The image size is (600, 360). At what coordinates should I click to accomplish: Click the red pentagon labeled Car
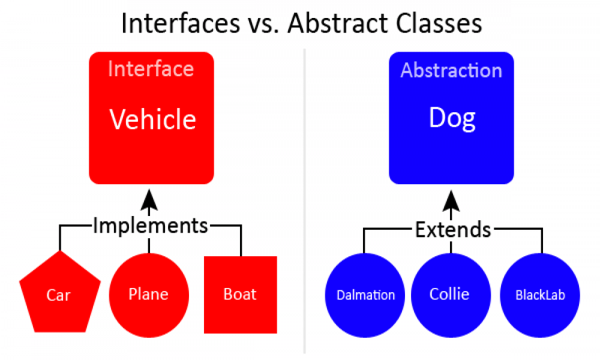(60, 294)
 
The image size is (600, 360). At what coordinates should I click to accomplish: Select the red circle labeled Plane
(149, 295)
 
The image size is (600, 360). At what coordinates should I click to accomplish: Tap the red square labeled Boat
(241, 295)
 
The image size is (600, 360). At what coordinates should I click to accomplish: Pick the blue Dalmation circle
(365, 295)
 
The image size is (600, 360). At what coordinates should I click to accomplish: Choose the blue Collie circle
(451, 295)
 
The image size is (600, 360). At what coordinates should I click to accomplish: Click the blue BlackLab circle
(540, 295)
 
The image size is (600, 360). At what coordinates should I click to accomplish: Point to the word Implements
(151, 226)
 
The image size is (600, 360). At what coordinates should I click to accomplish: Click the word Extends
(453, 230)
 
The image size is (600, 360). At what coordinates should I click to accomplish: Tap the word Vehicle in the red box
(152, 119)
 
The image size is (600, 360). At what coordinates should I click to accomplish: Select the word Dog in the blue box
(452, 119)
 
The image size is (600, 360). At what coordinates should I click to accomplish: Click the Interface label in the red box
(151, 69)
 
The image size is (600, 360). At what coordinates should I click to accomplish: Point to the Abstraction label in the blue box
(451, 70)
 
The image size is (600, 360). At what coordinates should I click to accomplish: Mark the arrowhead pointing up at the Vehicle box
(149, 199)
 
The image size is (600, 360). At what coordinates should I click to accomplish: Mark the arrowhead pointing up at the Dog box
(451, 200)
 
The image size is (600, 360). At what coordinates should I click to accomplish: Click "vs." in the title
(264, 25)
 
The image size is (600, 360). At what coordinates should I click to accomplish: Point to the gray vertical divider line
(305, 201)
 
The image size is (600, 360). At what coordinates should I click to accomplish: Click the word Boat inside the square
(240, 294)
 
